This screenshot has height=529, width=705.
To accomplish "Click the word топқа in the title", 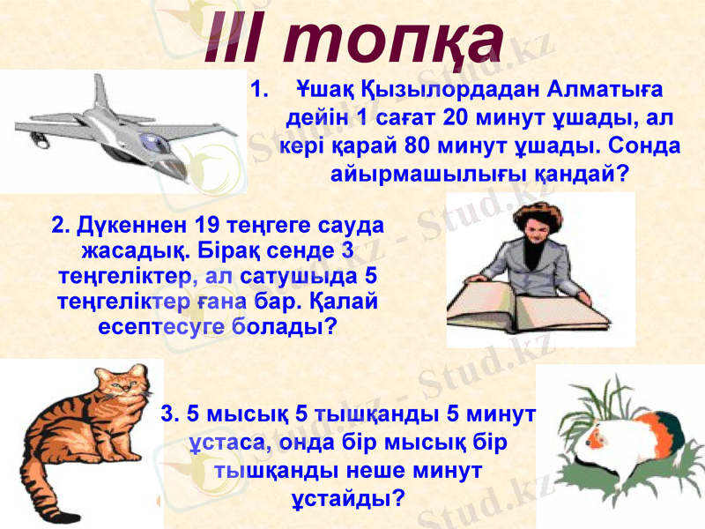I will [x=397, y=40].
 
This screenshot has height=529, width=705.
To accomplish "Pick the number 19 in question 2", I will [x=204, y=224].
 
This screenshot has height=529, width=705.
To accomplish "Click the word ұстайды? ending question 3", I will [x=348, y=498].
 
